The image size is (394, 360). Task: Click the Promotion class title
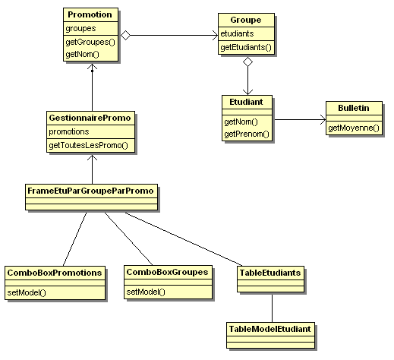[x=90, y=14]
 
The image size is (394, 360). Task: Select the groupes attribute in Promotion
[x=80, y=28]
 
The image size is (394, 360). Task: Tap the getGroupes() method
[x=90, y=42]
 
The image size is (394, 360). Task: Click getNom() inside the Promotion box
[x=82, y=54]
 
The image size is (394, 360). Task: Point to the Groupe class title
[x=246, y=20]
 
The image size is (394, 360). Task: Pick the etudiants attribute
[x=237, y=33]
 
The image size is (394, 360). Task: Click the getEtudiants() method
[x=246, y=47]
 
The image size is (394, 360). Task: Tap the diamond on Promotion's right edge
[x=125, y=35]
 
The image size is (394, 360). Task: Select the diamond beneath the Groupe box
[x=247, y=62]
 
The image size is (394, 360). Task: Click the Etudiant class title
[x=246, y=102]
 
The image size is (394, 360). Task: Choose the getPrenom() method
[x=247, y=134]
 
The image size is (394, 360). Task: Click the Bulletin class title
[x=354, y=108]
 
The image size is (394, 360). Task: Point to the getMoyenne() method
[x=354, y=128]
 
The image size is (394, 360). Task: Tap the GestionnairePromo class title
[x=90, y=118]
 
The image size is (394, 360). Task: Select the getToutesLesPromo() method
[x=88, y=145]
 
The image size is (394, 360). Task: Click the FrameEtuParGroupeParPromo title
[x=90, y=191]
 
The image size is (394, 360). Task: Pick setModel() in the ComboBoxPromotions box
[x=27, y=292]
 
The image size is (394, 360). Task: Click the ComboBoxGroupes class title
[x=167, y=272]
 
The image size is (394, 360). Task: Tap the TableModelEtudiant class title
[x=269, y=329]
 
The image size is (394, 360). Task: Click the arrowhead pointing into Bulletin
[x=323, y=119]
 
